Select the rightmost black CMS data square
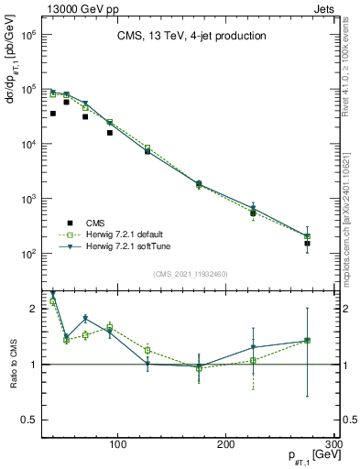(308, 244)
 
